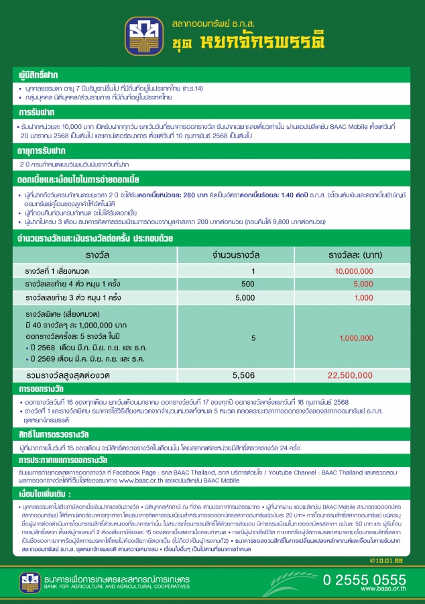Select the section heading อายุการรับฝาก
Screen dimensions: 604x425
[45, 150]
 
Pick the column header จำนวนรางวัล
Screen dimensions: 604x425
[253, 256]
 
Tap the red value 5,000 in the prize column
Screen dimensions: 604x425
[363, 284]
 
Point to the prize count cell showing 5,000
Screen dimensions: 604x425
[245, 297]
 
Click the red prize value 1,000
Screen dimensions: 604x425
[363, 297]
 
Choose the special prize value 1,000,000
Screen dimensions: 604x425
[356, 338]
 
